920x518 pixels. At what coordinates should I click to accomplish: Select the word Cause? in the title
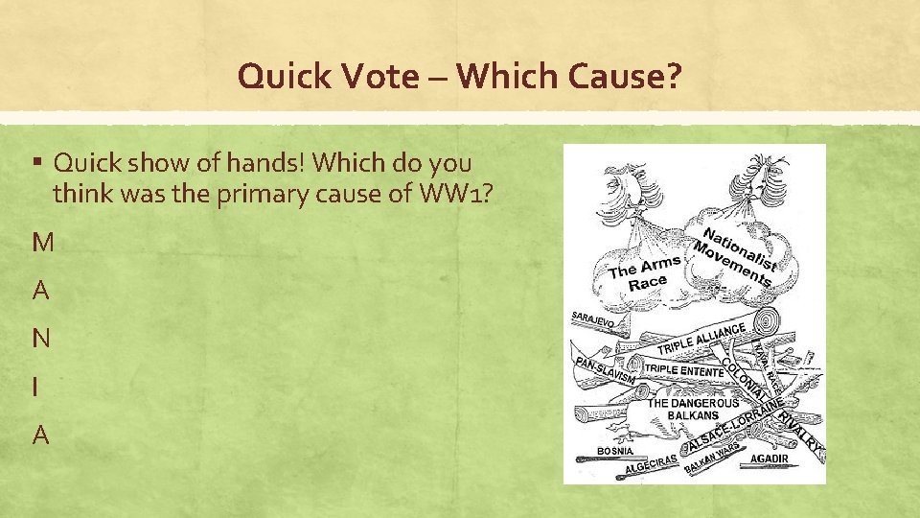click(x=626, y=77)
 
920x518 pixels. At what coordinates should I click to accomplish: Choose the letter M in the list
click(x=43, y=243)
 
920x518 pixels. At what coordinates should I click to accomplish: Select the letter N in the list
click(x=41, y=339)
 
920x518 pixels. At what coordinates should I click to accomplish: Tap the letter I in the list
click(x=35, y=387)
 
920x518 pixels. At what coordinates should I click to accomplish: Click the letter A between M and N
click(x=41, y=291)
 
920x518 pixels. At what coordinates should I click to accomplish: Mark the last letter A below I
click(x=41, y=435)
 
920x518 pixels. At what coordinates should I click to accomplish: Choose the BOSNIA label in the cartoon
click(x=614, y=449)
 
